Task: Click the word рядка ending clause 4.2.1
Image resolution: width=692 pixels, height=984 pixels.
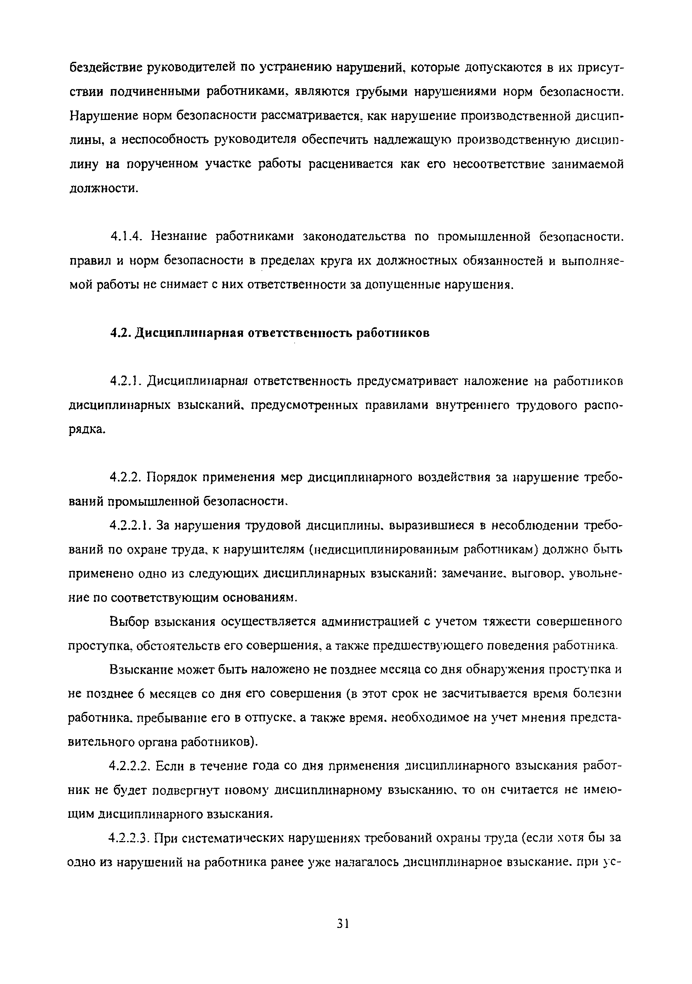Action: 86,430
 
